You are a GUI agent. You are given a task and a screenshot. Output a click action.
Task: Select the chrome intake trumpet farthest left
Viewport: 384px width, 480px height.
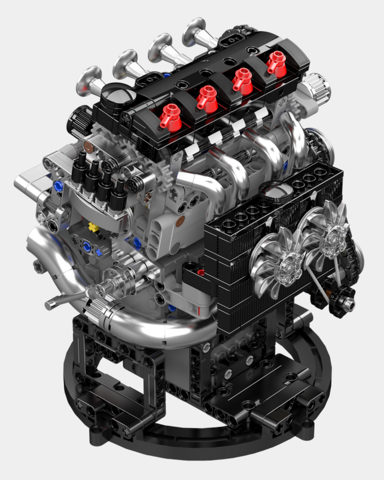(x=89, y=80)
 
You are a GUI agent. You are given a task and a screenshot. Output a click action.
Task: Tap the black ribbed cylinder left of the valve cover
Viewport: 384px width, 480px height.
(x=79, y=121)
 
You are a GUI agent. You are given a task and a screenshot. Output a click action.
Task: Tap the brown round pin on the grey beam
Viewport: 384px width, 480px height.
(x=180, y=222)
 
